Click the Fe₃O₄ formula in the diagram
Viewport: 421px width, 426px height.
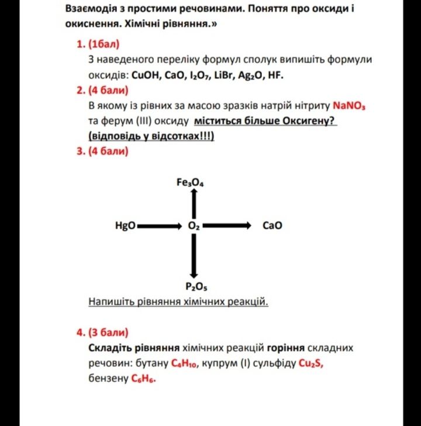(190, 183)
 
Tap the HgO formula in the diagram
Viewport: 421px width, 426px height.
(126, 225)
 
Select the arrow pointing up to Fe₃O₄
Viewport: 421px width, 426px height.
(194, 204)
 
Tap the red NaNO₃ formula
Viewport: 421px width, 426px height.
(349, 106)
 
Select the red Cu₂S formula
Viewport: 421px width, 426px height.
(310, 363)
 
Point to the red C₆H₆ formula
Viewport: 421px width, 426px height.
(143, 379)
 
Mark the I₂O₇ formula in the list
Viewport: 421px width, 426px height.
(199, 75)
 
